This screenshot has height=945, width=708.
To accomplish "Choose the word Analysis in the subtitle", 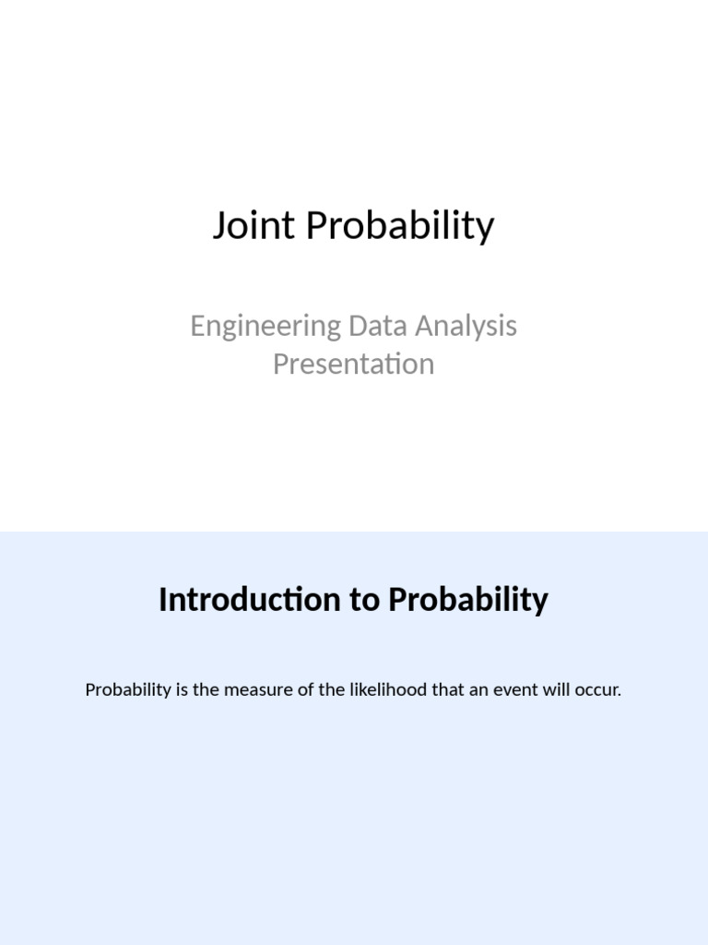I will pos(467,326).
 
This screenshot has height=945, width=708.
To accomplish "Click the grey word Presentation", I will pos(353,364).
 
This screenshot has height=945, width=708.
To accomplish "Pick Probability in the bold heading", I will pos(467,600).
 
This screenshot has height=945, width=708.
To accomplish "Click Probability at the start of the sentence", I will pos(128,690).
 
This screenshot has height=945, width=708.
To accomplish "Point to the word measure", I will pos(261,690).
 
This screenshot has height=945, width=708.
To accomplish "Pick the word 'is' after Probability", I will pos(182,690).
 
